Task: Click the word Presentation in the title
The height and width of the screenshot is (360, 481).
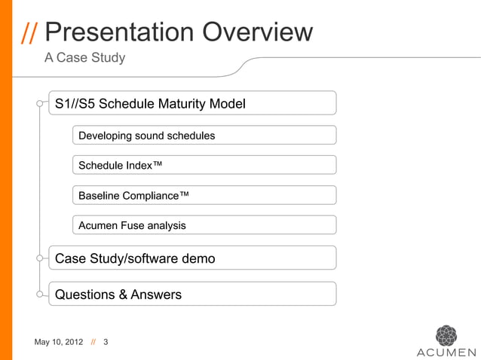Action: click(121, 32)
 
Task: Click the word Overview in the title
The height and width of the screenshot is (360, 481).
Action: click(256, 32)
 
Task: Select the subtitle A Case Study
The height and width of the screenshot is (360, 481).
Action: click(84, 58)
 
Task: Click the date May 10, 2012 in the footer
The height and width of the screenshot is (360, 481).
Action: click(59, 343)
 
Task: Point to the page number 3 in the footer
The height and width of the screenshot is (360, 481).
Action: click(106, 343)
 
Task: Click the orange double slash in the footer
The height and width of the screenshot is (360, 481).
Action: click(93, 343)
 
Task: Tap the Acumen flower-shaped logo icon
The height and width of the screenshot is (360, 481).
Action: click(446, 334)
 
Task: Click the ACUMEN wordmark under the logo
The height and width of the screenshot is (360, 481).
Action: click(446, 352)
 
